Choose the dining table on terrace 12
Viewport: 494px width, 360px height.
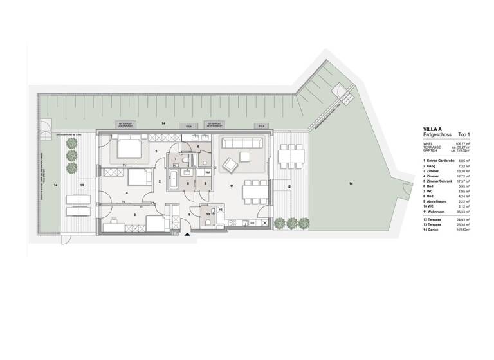point(293,156)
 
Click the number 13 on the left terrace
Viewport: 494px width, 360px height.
point(82,184)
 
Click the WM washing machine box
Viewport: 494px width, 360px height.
point(207,173)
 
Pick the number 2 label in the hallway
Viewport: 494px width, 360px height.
point(160,181)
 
